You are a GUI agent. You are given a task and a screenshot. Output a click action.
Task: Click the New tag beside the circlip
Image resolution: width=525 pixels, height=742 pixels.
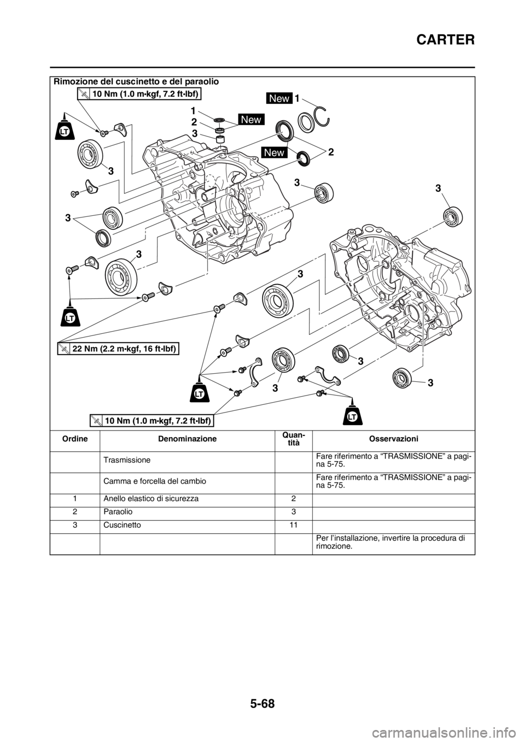[x=279, y=98]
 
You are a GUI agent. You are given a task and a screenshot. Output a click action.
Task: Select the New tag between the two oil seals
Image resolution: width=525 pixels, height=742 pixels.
[x=273, y=152]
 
